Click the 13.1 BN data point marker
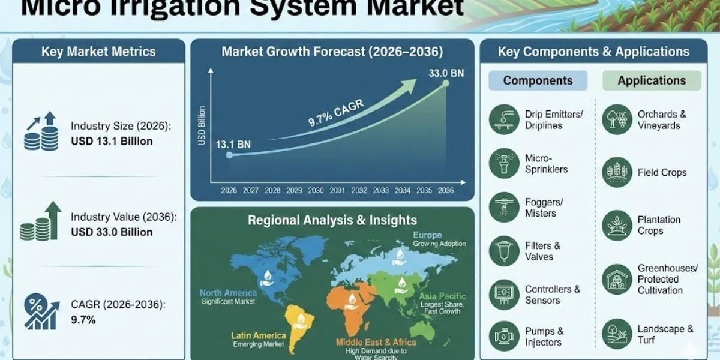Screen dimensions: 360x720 pos(229,155)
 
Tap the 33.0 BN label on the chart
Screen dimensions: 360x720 pos(446,74)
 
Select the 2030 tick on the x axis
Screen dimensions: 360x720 pos(316,190)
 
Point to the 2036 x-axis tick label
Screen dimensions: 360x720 pos(446,190)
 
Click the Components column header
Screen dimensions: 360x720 pos(538,80)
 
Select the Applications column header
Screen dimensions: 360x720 pos(652,80)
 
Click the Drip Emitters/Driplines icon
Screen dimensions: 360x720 pos(504,119)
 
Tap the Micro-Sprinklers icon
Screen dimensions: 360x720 pos(504,163)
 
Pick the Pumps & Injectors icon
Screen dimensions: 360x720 pos(504,336)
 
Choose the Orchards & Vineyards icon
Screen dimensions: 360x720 pos(617,119)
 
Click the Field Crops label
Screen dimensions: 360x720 pos(662,172)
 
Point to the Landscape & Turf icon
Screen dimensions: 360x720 pos(617,334)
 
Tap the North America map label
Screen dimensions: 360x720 pos(228,293)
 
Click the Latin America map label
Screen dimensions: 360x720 pos(254,335)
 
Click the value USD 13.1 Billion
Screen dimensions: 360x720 pos(112,142)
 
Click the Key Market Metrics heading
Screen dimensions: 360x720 pos(98,52)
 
